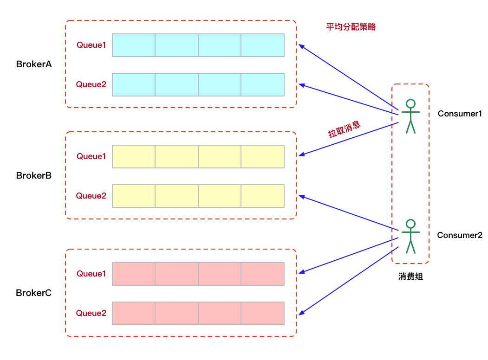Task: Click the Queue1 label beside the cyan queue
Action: [x=91, y=45]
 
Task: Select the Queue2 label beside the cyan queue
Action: [x=91, y=84]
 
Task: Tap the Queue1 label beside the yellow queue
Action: [x=91, y=156]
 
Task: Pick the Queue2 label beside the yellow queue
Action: [x=91, y=196]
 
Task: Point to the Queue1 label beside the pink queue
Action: [x=91, y=274]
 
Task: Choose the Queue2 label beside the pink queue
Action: [x=91, y=313]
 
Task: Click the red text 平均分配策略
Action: [x=351, y=27]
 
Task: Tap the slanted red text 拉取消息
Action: [x=345, y=130]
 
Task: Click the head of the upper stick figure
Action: [x=410, y=103]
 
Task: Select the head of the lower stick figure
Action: [x=410, y=224]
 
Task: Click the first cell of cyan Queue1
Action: [x=134, y=45]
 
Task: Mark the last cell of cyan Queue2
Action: [x=262, y=84]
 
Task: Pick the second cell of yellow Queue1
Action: [x=176, y=156]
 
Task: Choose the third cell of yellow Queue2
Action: [x=220, y=196]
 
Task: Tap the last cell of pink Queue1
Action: [x=262, y=274]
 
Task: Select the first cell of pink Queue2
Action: [x=134, y=313]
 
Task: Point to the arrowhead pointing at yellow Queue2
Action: [x=301, y=197]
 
